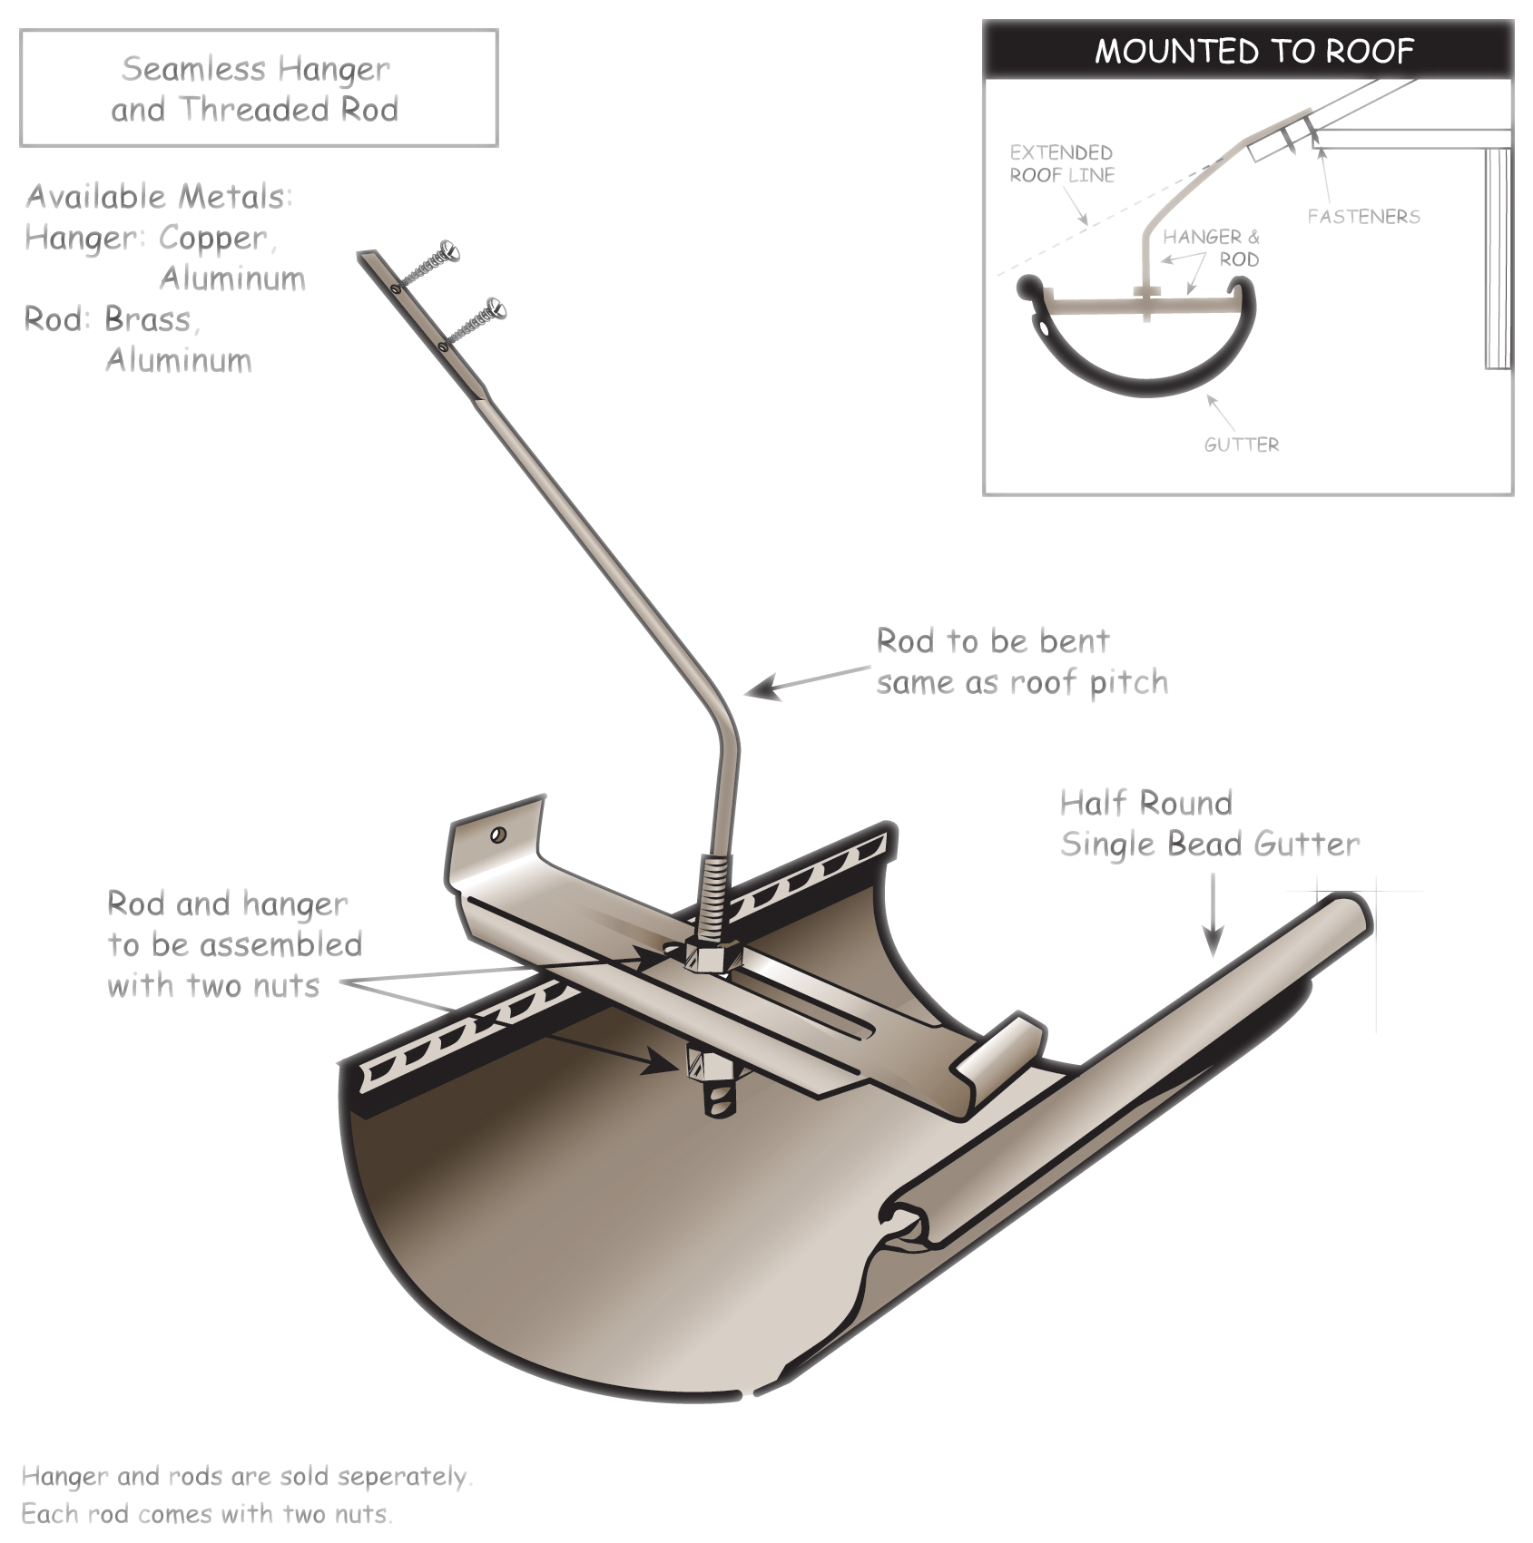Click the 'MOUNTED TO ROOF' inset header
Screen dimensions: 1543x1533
tap(1253, 51)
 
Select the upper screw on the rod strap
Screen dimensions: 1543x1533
tap(447, 249)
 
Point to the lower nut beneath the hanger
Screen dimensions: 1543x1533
tap(709, 1063)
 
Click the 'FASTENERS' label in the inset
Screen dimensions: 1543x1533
tap(1363, 217)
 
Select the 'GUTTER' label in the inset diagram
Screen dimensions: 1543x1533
tap(1241, 444)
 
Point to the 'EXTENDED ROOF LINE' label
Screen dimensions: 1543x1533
tap(1061, 163)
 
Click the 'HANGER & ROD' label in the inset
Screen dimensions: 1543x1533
tap(1211, 248)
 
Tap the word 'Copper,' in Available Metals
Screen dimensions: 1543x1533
tap(217, 238)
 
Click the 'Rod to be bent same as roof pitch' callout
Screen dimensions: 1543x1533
tap(1021, 661)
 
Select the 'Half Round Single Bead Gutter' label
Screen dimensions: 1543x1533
tap(1209, 824)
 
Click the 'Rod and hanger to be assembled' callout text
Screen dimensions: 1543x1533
tap(234, 944)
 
